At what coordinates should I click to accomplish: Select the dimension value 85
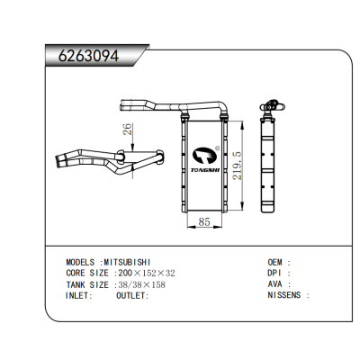click(205, 220)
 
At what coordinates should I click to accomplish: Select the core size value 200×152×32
click(148, 273)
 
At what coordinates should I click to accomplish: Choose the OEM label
click(279, 262)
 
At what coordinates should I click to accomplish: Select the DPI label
click(277, 273)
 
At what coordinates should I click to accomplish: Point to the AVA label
click(277, 283)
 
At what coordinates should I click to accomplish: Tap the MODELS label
click(84, 262)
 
